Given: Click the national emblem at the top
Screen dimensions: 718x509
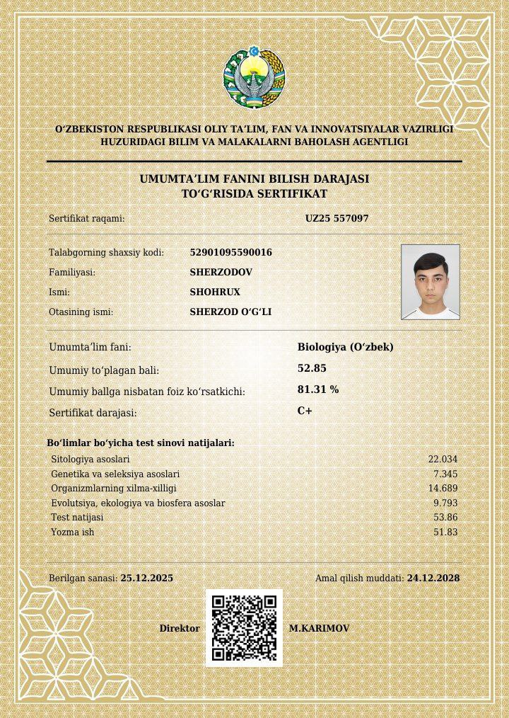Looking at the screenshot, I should coord(254,78).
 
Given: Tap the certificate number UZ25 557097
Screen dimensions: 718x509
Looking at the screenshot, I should coord(337,219).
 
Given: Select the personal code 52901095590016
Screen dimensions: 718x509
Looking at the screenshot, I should coord(230,253).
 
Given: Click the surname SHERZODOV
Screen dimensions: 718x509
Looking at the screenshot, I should coord(221,272).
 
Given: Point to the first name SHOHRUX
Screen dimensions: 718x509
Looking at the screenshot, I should coord(215,292).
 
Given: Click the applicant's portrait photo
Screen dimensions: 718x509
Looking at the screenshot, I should coord(430,282).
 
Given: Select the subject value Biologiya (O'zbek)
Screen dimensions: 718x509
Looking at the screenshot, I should coord(345,347).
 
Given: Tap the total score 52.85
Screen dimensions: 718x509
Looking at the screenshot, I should coord(312,368).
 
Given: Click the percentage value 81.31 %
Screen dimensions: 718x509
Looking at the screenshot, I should coord(318,389).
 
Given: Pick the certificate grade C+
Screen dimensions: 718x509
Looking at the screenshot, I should coord(305,411).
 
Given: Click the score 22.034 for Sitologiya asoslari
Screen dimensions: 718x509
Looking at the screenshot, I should coord(443,460).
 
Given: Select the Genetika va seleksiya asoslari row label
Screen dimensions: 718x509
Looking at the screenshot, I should coord(115,474).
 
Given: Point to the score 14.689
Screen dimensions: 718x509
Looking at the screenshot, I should coord(443,489).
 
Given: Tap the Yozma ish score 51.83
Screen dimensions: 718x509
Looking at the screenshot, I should coord(445,532).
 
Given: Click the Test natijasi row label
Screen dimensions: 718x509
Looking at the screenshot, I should coord(77,518).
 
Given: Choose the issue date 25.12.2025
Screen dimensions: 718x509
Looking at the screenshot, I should coord(147,579).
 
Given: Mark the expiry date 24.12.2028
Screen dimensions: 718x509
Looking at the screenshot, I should coord(433,579).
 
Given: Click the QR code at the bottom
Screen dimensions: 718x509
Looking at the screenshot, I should coord(244,628).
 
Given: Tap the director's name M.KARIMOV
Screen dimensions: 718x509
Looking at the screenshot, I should coord(319,629).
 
